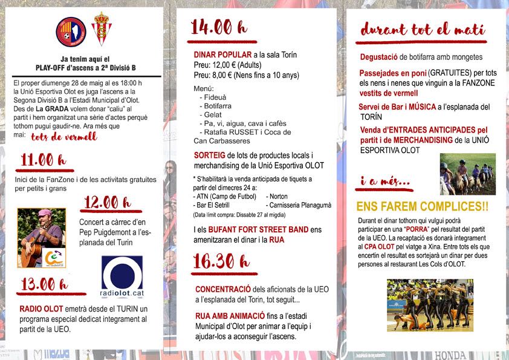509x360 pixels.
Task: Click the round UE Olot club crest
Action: [71, 32]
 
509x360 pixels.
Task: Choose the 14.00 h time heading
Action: [218, 27]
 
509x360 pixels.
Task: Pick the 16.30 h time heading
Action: [219, 261]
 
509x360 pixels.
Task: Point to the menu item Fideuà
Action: [217, 97]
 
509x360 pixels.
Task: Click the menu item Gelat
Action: [214, 114]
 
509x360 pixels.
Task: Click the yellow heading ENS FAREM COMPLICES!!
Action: [422, 206]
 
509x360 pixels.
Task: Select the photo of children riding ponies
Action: [467, 174]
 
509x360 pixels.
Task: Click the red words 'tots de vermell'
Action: [63, 137]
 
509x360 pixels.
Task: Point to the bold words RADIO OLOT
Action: [41, 309]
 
